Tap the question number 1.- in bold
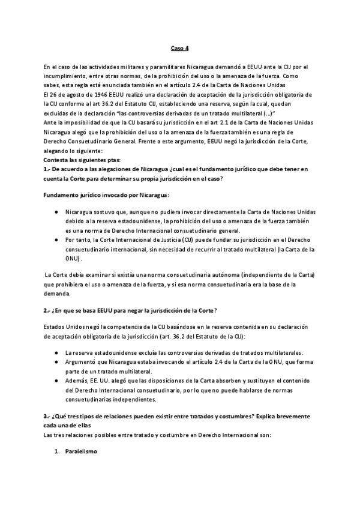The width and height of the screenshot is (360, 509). click(x=48, y=170)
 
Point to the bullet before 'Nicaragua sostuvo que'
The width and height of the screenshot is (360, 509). click(x=56, y=212)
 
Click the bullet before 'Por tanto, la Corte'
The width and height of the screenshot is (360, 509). click(x=56, y=239)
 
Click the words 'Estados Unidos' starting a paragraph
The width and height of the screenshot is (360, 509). click(x=62, y=327)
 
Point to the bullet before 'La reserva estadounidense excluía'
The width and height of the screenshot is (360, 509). click(x=56, y=352)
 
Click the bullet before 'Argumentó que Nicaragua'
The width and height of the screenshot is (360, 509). click(x=56, y=362)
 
